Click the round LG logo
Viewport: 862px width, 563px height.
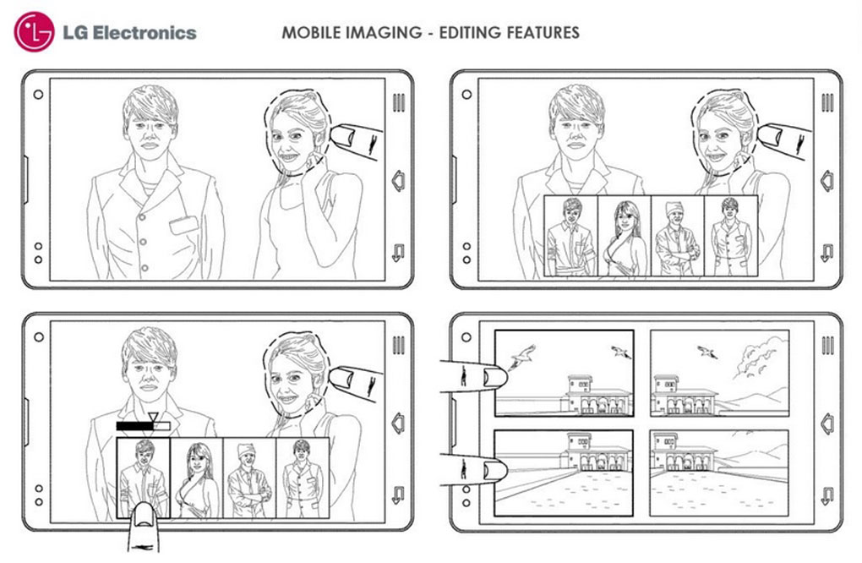coord(34,32)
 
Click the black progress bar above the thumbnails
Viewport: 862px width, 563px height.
coord(135,425)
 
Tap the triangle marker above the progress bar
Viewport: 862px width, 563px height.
coord(154,417)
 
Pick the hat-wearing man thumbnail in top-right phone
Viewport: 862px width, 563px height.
coord(677,237)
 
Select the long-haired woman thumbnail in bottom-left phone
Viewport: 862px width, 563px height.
coord(197,478)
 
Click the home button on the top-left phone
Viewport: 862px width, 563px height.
coord(399,181)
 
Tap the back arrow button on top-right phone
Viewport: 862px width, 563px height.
coord(827,253)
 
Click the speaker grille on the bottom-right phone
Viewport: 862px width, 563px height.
coord(827,345)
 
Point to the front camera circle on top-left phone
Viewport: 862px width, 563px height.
coord(38,95)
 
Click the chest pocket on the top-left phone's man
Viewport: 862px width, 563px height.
coord(183,224)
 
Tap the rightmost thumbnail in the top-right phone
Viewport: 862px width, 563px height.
coord(731,237)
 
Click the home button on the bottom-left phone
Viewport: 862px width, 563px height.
coord(399,424)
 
